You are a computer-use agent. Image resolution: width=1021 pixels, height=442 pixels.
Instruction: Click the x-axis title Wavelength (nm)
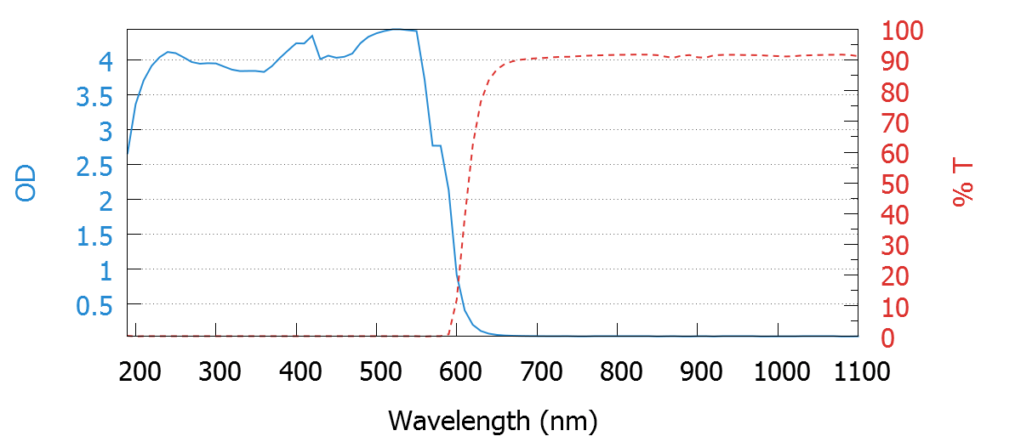click(493, 420)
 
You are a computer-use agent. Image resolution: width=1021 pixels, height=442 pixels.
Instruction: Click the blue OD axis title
click(27, 184)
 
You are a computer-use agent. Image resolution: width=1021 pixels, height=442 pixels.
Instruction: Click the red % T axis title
click(963, 184)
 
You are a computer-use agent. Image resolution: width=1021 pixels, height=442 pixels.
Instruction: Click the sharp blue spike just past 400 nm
click(311, 36)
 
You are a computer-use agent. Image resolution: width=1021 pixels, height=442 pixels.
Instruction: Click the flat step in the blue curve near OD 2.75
click(436, 145)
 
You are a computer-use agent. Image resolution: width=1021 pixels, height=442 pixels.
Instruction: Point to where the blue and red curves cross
click(459, 279)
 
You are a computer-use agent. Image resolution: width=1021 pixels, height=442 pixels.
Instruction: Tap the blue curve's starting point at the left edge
click(128, 158)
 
